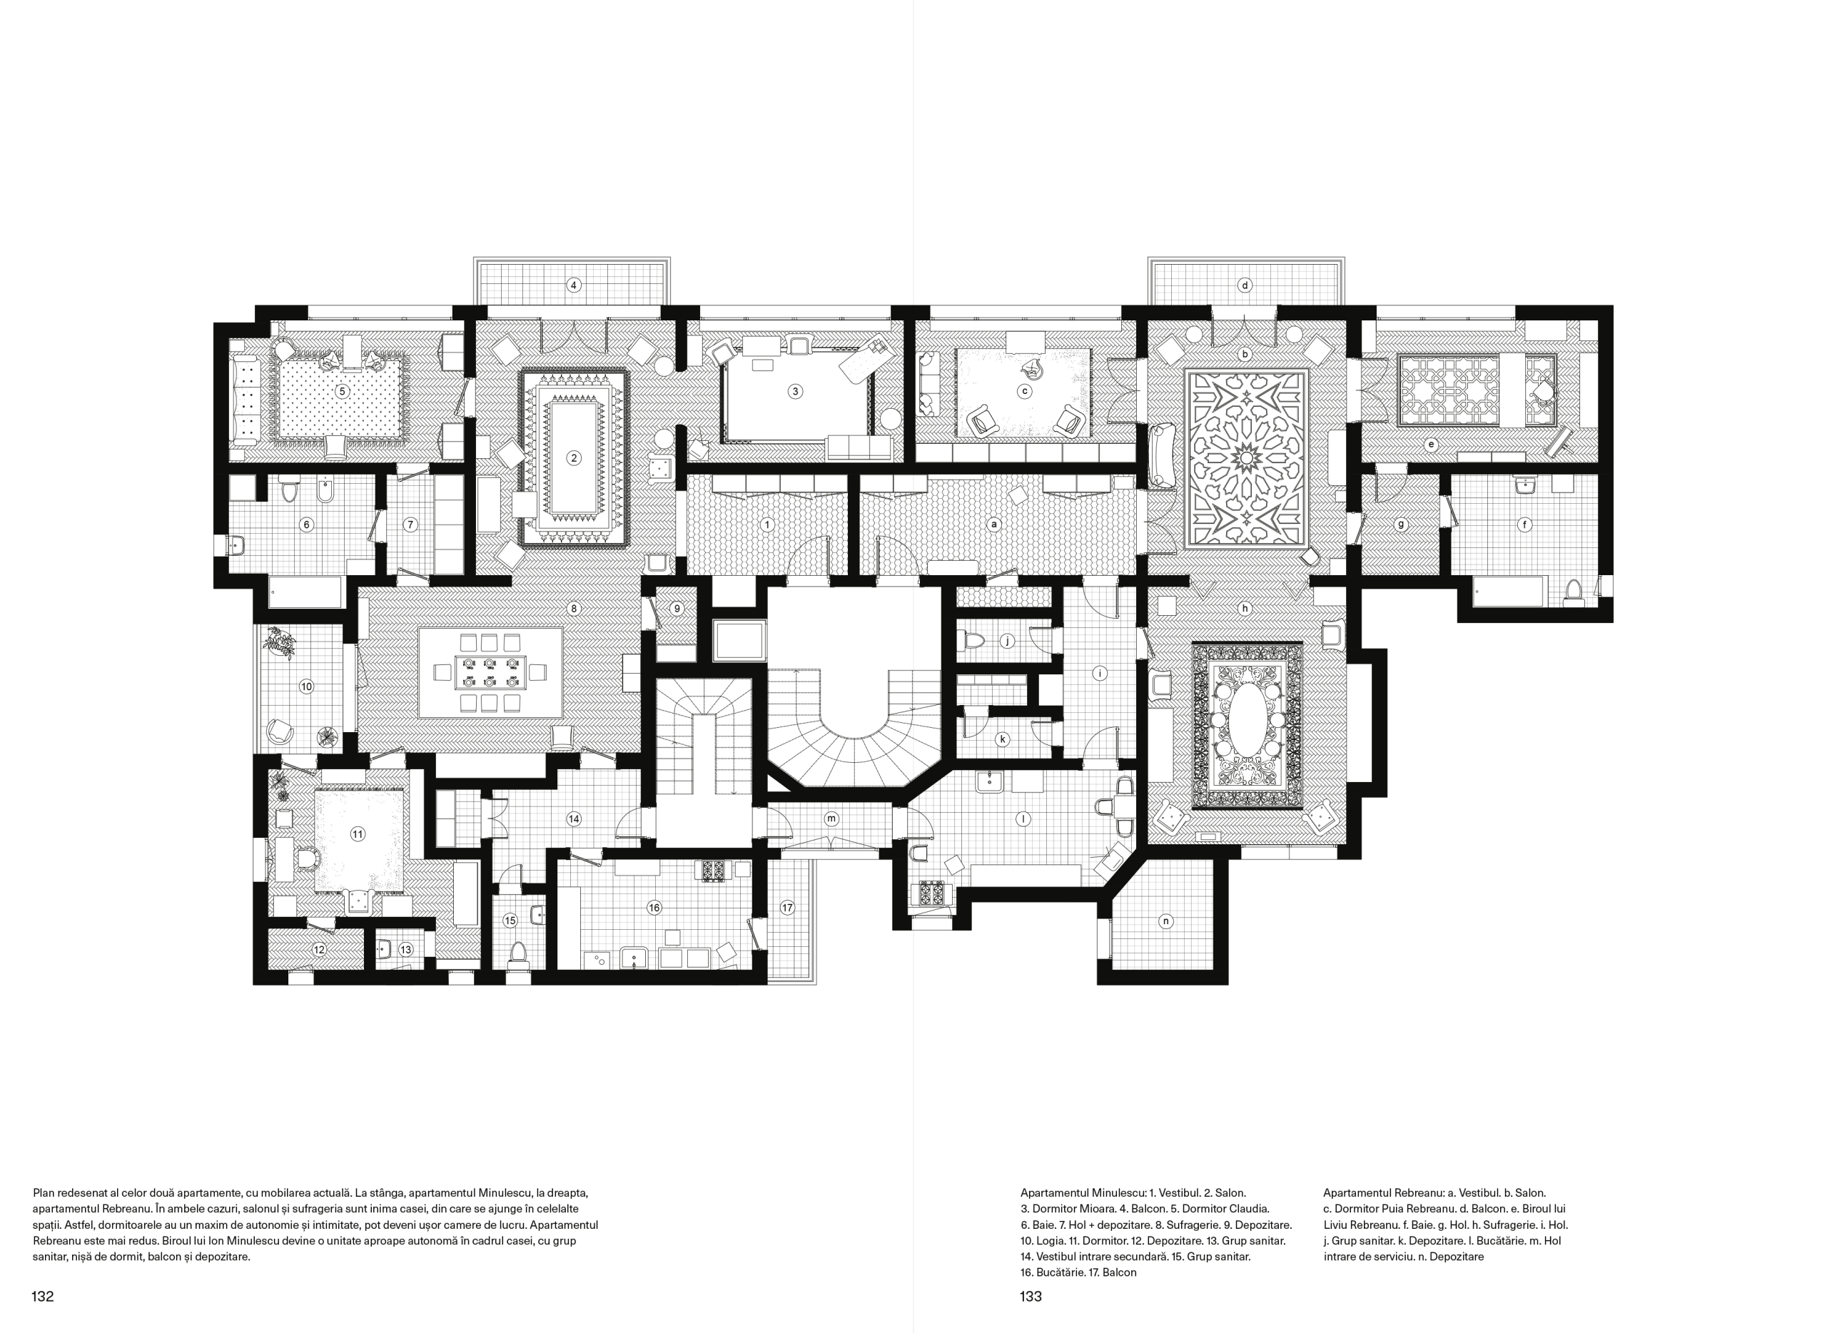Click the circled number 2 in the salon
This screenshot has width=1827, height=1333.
[574, 458]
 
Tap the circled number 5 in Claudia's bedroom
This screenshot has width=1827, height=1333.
[342, 391]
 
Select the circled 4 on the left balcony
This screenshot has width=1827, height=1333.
[574, 285]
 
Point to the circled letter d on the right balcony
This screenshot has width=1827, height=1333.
[1245, 285]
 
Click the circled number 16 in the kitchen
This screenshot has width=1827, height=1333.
[654, 908]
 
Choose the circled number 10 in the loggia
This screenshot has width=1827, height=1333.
[307, 686]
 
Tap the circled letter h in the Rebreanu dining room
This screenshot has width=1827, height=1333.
[1245, 609]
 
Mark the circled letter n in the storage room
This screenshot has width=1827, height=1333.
[1165, 921]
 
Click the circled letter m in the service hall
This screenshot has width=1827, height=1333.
[831, 818]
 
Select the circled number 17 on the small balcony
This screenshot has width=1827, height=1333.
[786, 908]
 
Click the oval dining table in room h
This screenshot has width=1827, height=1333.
[1247, 721]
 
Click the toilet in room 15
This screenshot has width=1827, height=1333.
[518, 952]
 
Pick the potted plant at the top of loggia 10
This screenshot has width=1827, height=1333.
[279, 644]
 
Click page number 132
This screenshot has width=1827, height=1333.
[43, 1297]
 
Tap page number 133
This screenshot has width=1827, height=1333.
[1031, 1297]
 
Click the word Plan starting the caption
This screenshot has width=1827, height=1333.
[44, 1192]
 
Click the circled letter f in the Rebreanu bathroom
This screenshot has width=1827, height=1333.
[1524, 524]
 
